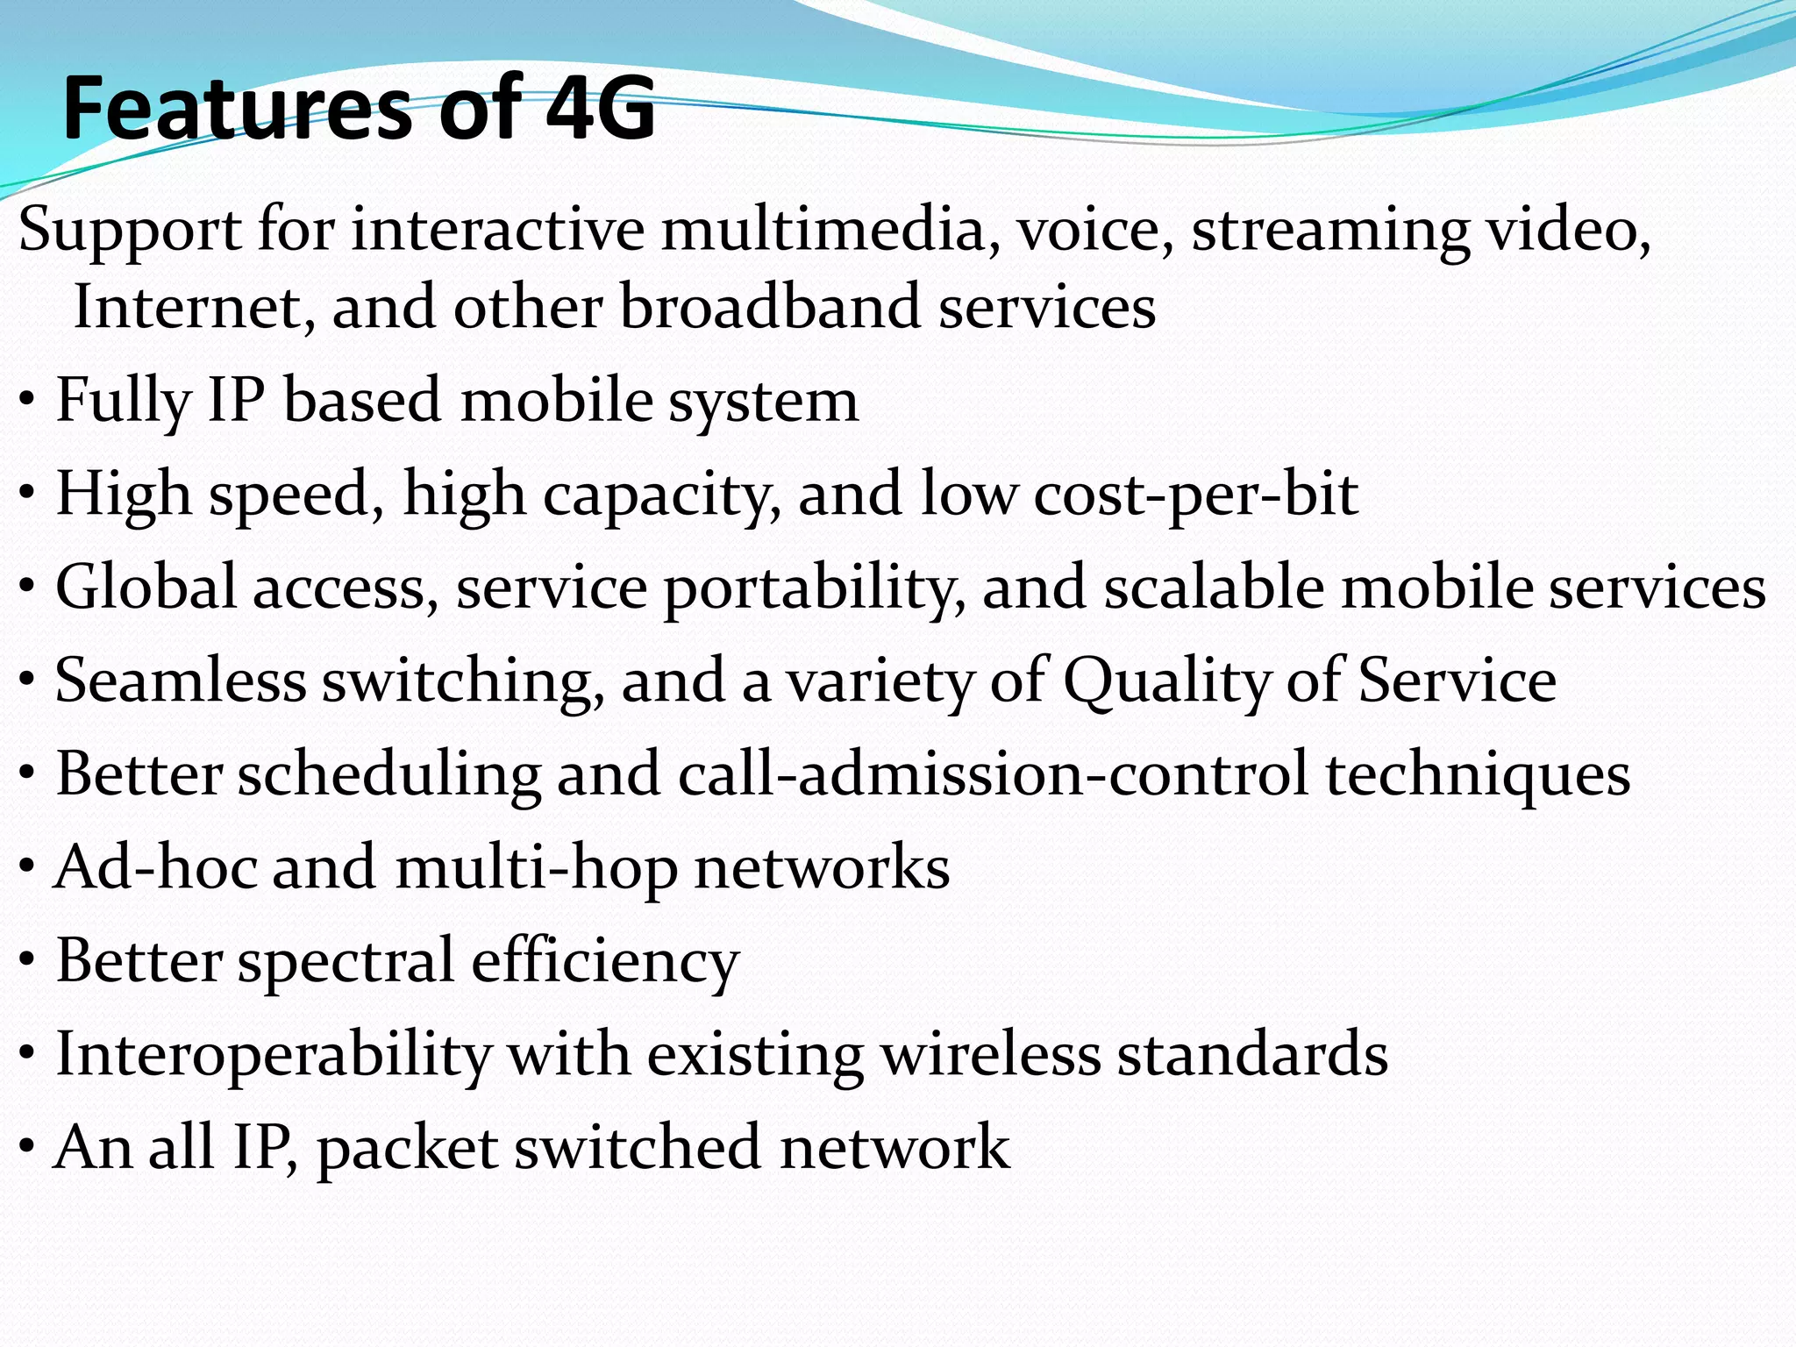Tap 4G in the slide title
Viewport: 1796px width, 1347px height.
point(600,109)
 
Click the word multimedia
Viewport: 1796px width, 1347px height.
point(822,230)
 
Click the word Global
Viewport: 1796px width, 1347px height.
point(146,587)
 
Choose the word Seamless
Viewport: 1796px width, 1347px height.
point(180,681)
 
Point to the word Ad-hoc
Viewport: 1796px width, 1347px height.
point(156,867)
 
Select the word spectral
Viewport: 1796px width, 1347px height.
point(346,962)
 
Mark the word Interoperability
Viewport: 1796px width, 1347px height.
point(274,1054)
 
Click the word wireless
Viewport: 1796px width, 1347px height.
point(991,1054)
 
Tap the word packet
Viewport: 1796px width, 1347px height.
point(408,1148)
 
